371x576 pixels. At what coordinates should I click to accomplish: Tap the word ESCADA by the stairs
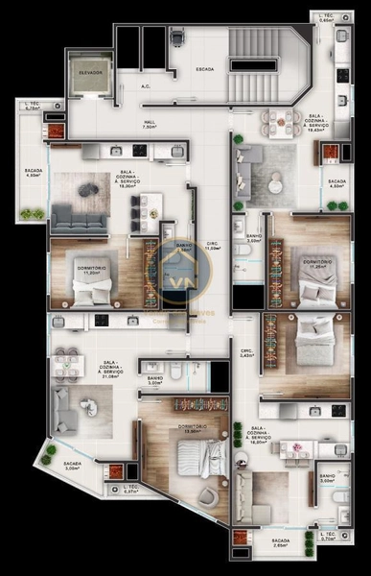point(203,69)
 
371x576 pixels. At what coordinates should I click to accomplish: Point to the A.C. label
point(146,86)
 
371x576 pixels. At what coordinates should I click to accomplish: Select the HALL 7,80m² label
point(150,124)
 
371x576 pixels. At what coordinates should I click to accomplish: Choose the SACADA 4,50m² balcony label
point(336,182)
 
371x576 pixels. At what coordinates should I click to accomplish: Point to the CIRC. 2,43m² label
point(246,353)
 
